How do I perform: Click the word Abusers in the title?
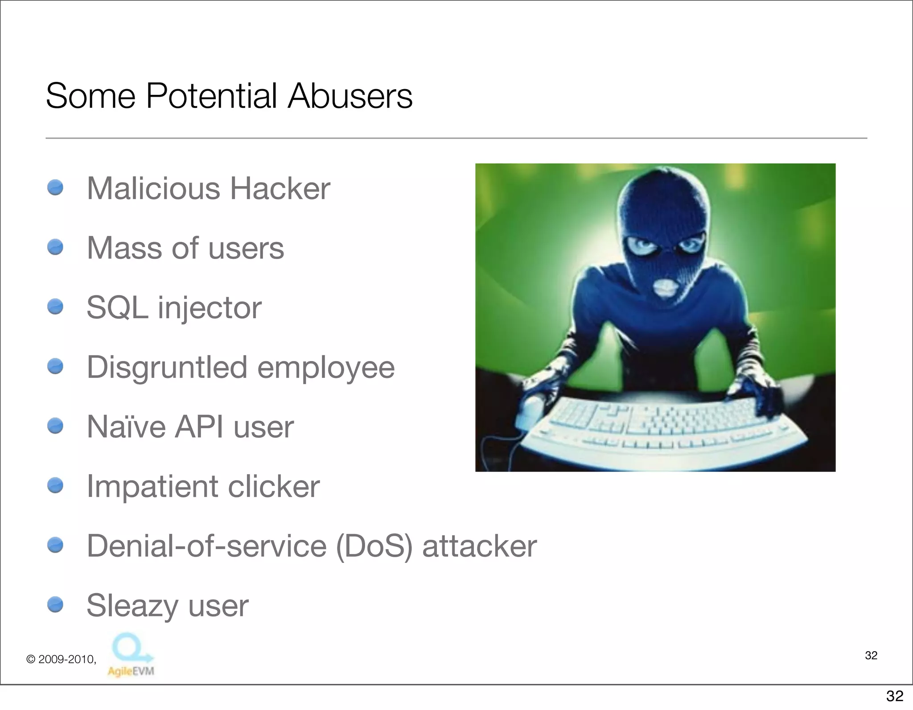click(350, 96)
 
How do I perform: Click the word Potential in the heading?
click(211, 96)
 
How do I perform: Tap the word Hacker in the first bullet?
click(280, 189)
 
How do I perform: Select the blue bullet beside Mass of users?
click(55, 247)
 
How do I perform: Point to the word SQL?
click(117, 308)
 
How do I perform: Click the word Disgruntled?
click(167, 368)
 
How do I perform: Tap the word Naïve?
click(126, 427)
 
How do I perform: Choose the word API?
click(199, 427)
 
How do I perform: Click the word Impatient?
click(152, 486)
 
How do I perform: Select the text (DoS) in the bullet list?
click(374, 546)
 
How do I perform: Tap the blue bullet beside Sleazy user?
click(55, 605)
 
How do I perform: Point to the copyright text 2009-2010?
click(66, 659)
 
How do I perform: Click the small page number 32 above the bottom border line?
click(871, 655)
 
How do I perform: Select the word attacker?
click(479, 546)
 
